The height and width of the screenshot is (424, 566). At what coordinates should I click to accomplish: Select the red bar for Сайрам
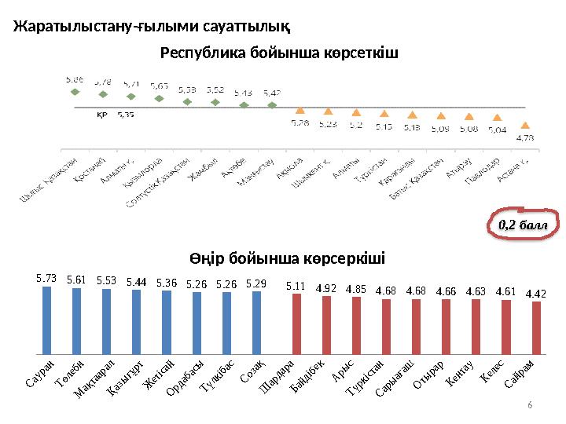tap(536, 327)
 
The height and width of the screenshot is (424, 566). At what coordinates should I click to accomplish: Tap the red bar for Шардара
tap(296, 323)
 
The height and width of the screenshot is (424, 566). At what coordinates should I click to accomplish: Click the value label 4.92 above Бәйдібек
tap(326, 288)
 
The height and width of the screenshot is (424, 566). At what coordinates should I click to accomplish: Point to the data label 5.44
tap(136, 280)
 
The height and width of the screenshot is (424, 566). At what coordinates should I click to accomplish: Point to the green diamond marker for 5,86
tap(75, 92)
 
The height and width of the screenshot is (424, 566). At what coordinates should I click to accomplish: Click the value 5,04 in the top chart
tap(497, 130)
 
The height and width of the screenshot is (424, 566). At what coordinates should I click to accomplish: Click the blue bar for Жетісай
tap(166, 322)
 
